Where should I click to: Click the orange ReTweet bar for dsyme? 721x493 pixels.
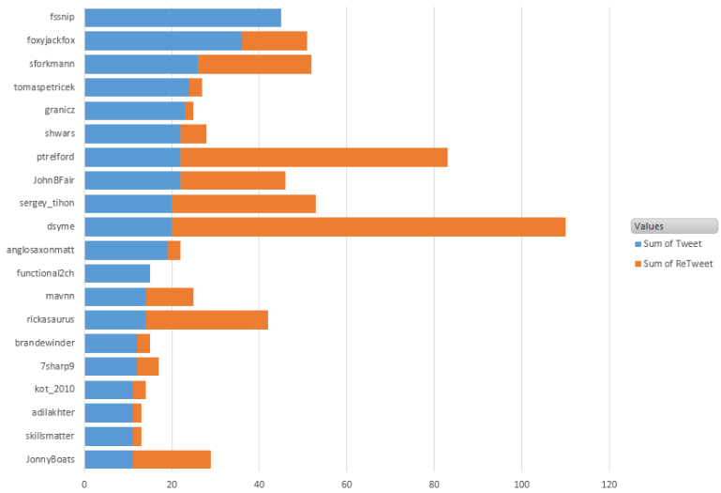(368, 226)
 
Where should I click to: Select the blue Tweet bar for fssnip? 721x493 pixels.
(183, 18)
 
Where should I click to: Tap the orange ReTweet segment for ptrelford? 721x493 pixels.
(314, 157)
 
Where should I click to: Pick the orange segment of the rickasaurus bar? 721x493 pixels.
(207, 319)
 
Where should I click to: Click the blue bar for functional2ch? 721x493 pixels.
(117, 273)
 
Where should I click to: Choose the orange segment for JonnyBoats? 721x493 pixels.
(172, 459)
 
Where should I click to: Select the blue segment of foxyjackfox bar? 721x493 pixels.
(163, 40)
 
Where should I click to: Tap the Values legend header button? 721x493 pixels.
(674, 225)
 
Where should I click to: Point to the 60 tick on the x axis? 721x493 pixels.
(346, 485)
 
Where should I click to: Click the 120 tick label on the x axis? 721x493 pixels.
(609, 485)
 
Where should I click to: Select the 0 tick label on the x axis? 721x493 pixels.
(84, 485)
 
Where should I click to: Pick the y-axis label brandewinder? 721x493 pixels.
(45, 343)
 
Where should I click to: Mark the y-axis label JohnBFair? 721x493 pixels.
(53, 180)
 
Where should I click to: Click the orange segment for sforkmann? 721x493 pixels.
(254, 64)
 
